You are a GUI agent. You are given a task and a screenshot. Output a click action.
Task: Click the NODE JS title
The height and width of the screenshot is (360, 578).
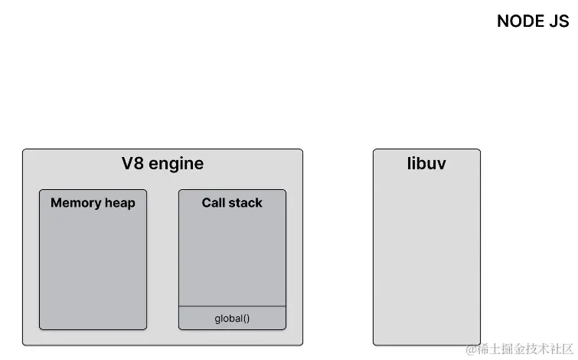(x=533, y=21)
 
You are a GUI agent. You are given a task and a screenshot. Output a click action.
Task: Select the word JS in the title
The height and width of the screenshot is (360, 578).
(x=559, y=21)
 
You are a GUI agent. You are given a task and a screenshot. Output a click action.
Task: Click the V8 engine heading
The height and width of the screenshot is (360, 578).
(x=162, y=163)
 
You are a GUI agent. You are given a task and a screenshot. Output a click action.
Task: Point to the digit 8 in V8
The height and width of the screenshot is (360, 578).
(x=136, y=163)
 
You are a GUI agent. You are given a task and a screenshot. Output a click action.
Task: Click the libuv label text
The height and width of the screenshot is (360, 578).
(x=426, y=163)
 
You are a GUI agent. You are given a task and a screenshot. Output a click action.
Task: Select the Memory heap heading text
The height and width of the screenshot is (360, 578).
(x=93, y=203)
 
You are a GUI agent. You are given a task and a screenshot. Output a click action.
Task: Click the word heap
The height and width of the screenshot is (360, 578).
(x=119, y=204)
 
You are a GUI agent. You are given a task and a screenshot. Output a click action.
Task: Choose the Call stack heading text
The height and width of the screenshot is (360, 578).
(x=232, y=203)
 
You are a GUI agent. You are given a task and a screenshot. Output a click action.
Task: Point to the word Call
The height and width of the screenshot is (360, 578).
(x=214, y=203)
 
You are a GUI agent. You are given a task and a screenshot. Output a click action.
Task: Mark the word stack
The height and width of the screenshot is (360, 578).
(x=246, y=203)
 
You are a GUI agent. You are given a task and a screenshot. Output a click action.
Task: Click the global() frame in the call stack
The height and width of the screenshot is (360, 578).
(x=232, y=318)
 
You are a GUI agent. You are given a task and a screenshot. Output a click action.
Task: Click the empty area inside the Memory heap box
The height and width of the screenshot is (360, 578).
(x=93, y=268)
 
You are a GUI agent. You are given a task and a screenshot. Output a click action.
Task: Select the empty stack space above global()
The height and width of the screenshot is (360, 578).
(x=232, y=257)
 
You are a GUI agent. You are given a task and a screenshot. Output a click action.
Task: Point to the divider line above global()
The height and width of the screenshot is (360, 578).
(x=232, y=306)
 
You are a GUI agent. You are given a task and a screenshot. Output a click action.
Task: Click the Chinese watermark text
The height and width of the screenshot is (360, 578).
(x=527, y=349)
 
